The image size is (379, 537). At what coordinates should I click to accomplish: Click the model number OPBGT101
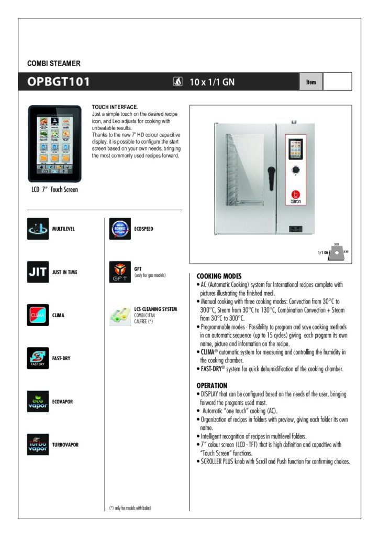tap(59, 82)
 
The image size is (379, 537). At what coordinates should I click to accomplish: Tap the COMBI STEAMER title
tap(53, 63)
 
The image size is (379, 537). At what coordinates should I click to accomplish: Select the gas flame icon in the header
tap(177, 82)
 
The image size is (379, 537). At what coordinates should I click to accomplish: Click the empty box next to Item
tap(337, 82)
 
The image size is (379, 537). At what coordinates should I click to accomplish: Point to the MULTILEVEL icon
tap(38, 229)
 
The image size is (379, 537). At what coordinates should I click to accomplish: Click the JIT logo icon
tap(38, 272)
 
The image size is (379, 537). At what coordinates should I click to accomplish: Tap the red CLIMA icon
tap(38, 315)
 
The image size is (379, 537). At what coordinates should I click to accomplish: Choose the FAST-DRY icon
tap(38, 358)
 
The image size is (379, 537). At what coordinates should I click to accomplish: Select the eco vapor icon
tap(38, 402)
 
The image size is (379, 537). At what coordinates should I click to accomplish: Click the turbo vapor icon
tap(38, 445)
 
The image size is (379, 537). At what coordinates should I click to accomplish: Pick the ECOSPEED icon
tap(120, 229)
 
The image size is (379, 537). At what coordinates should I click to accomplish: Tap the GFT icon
tap(120, 272)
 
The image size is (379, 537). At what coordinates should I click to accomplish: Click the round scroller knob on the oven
tap(296, 170)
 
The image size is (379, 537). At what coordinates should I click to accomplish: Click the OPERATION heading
tap(211, 385)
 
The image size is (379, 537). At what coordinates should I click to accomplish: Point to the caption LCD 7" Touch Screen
tap(54, 190)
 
